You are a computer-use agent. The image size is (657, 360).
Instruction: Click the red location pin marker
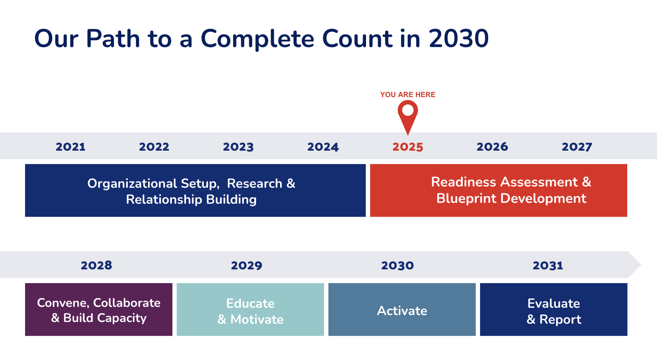[x=407, y=114]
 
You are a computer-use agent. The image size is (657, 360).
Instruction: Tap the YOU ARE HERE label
[x=407, y=95]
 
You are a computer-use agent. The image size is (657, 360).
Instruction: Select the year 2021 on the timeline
[x=70, y=147]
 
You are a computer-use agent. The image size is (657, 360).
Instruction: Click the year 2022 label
[x=154, y=147]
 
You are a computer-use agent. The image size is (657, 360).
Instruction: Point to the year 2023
[x=238, y=147]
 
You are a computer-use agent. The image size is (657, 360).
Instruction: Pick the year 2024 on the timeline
[x=323, y=147]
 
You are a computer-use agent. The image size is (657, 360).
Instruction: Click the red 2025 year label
[x=407, y=147]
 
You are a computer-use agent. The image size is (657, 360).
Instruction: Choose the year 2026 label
[x=492, y=147]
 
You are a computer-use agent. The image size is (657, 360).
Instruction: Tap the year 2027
[x=577, y=147]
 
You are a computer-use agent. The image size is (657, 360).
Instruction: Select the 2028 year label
[x=96, y=265]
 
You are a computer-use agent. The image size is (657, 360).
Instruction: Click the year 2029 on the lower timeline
[x=246, y=265]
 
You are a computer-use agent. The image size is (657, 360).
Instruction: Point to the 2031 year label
[x=548, y=265]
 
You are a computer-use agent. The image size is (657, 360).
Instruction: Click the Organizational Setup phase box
[x=196, y=190]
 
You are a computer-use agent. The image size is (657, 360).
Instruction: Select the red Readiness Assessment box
[x=499, y=190]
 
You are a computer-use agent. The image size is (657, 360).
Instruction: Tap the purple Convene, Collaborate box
[x=98, y=309]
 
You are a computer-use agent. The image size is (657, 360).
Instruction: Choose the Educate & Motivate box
[x=250, y=309]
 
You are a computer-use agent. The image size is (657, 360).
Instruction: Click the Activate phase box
[x=402, y=309]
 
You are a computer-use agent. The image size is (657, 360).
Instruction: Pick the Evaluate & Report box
[x=554, y=309]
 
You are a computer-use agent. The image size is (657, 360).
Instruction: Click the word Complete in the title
[x=258, y=39]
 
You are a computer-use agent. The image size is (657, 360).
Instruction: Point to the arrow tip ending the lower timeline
[x=641, y=265]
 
